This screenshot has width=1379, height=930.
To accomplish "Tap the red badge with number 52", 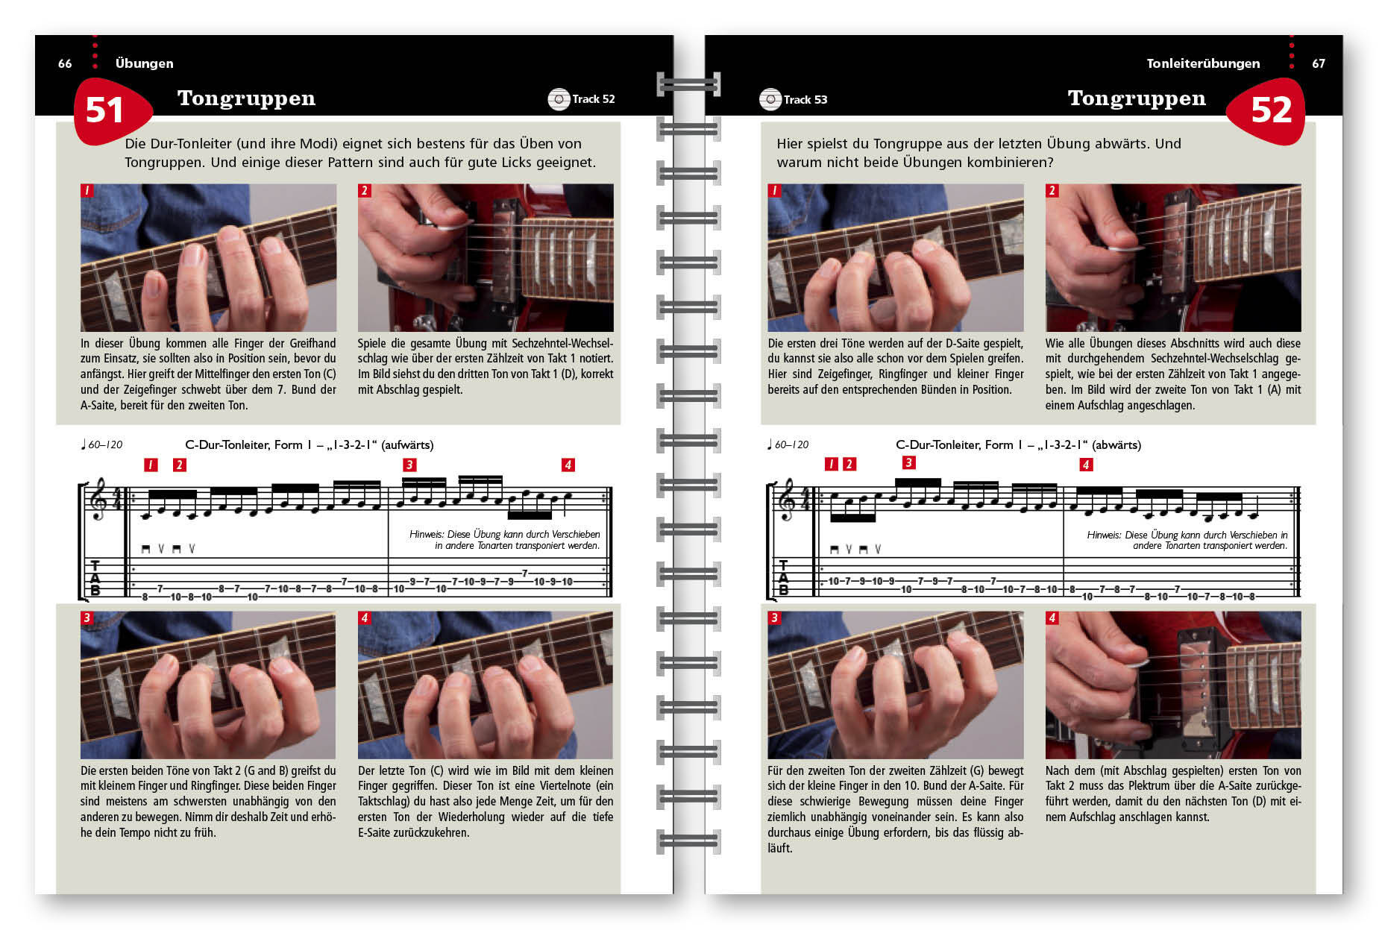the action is [1266, 110].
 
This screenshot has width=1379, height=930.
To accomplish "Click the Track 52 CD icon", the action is [559, 99].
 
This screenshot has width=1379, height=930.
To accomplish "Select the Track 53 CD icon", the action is [770, 99].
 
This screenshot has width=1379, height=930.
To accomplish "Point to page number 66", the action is [65, 63].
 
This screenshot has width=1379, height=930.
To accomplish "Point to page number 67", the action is [1319, 63].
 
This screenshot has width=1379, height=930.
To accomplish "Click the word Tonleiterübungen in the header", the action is [1203, 63].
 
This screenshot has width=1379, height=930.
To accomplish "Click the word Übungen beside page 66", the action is [144, 63].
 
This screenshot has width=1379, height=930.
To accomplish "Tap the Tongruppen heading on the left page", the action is [246, 98].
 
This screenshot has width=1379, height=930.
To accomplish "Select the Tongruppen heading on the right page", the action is [1137, 98].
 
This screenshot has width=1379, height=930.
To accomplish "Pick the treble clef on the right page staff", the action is [786, 500].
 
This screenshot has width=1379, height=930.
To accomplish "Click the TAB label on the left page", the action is [95, 578].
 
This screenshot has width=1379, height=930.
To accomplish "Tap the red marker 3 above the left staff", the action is [409, 465].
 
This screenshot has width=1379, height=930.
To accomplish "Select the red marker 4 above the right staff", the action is [1086, 465].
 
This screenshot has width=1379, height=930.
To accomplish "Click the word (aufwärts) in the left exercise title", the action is [407, 445].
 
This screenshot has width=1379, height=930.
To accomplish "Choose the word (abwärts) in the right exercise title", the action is [1116, 445].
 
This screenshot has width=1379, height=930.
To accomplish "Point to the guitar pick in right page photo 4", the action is [1135, 665].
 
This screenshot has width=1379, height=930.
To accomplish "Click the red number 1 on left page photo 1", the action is [87, 190].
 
